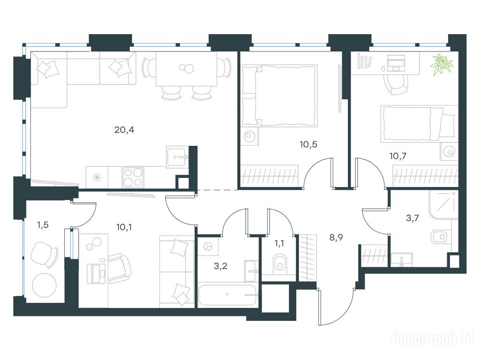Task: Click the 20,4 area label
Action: tap(124, 130)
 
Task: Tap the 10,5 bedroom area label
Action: tap(308, 144)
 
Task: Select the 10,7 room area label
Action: tap(398, 156)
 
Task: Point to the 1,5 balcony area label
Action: tap(43, 225)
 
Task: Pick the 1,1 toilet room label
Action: tap(279, 243)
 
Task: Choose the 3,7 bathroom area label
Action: tap(412, 218)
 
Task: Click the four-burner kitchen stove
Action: tap(133, 177)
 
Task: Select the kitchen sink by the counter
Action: tap(176, 157)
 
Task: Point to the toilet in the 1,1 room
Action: tap(279, 262)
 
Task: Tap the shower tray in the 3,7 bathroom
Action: tap(443, 204)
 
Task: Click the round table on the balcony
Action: tap(45, 285)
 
